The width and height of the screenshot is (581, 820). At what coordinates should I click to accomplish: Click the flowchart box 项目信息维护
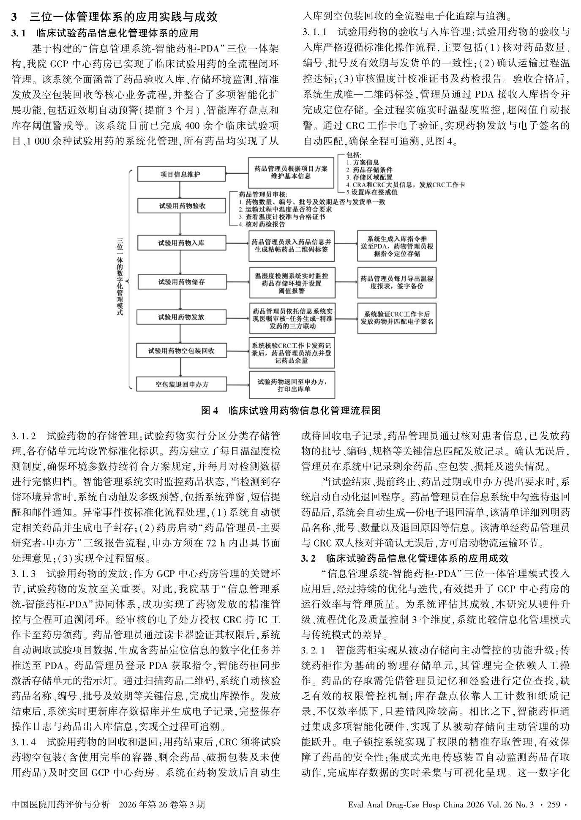[x=180, y=174]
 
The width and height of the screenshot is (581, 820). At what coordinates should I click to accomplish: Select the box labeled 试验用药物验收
[x=180, y=206]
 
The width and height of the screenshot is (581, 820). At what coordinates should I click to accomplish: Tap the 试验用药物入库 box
[x=180, y=243]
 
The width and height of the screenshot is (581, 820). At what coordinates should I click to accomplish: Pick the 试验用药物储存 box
[x=180, y=282]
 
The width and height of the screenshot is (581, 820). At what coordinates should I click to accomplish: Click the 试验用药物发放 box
[x=180, y=317]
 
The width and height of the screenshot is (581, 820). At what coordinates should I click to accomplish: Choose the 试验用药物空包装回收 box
[x=180, y=351]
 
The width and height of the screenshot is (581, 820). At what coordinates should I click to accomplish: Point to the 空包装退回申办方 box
[x=180, y=384]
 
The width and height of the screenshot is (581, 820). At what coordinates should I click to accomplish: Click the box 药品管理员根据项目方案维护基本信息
[x=291, y=172]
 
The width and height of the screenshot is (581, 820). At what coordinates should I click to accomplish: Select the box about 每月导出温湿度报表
[x=396, y=282]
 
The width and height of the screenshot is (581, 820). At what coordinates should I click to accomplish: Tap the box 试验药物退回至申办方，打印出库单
[x=292, y=385]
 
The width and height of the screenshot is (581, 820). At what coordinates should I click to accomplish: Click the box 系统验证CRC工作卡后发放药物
[x=396, y=317]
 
